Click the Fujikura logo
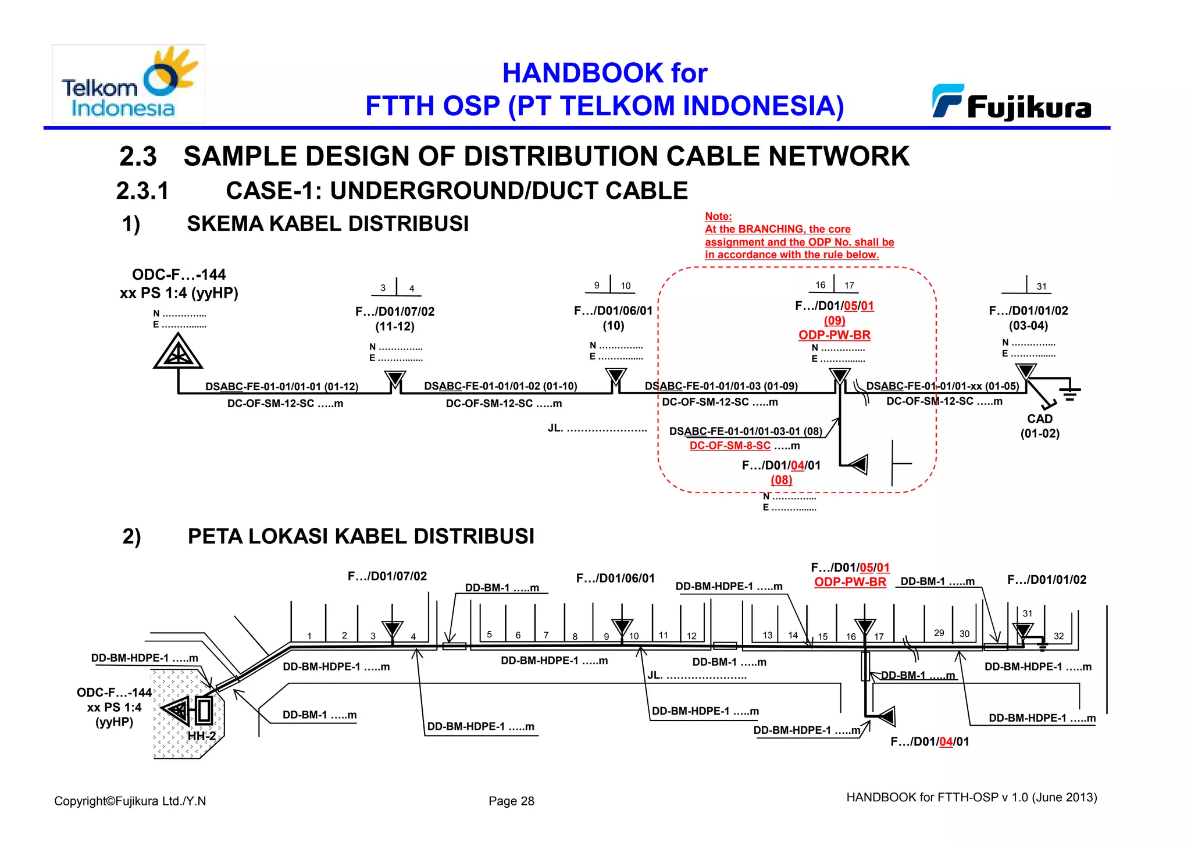point(1012,104)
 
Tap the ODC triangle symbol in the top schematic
point(178,353)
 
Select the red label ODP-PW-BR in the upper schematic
point(834,336)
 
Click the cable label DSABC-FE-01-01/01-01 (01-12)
point(281,387)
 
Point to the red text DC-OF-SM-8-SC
point(730,446)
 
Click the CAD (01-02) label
point(1040,426)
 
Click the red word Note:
point(718,216)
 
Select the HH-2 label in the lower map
point(201,736)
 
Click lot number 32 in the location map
point(1058,636)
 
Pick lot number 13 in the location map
point(768,636)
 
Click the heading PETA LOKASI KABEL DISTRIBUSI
point(361,536)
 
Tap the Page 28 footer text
point(511,801)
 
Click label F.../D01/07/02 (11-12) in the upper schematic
point(395,319)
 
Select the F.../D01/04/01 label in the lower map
point(929,742)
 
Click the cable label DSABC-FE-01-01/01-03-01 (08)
point(746,431)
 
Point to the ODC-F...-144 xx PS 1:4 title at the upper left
point(179,284)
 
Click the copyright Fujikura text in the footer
point(130,801)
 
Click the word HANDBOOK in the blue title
point(582,73)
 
